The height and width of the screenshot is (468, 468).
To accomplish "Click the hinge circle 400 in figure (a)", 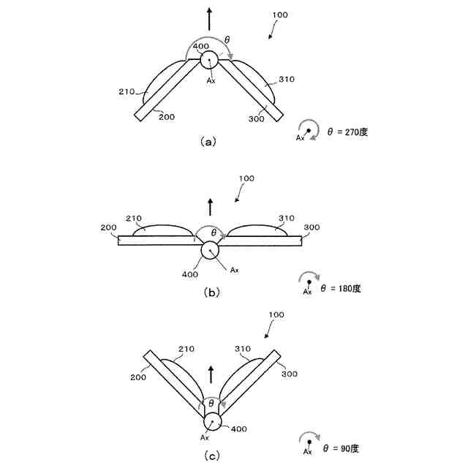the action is point(209,60).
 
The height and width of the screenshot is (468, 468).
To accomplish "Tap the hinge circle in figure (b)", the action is point(209,250).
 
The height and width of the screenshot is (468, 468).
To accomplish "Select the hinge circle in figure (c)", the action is point(213,422).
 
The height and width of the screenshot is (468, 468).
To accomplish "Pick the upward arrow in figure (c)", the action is point(212,376).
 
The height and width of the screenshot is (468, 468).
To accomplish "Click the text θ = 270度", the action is point(350,132).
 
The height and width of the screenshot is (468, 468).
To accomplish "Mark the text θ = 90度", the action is point(341,448).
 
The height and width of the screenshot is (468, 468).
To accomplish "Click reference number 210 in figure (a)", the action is point(127,91).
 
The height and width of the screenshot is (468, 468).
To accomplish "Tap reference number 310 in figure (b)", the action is point(286,219).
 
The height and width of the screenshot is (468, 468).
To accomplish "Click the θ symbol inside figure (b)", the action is point(214,233).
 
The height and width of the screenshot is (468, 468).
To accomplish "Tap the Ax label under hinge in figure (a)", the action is point(211,80).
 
